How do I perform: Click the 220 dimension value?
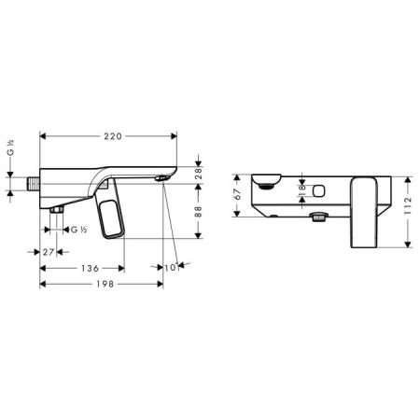click(x=113, y=136)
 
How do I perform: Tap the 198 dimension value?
click(x=105, y=284)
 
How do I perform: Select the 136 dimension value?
click(x=90, y=268)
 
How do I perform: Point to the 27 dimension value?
click(x=49, y=252)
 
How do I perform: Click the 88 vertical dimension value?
click(x=198, y=212)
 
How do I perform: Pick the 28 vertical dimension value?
click(x=198, y=174)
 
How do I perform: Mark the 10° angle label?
click(x=172, y=267)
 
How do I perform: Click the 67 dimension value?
click(x=237, y=194)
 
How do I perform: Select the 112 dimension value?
click(x=408, y=205)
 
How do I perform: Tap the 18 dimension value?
click(x=301, y=190)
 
